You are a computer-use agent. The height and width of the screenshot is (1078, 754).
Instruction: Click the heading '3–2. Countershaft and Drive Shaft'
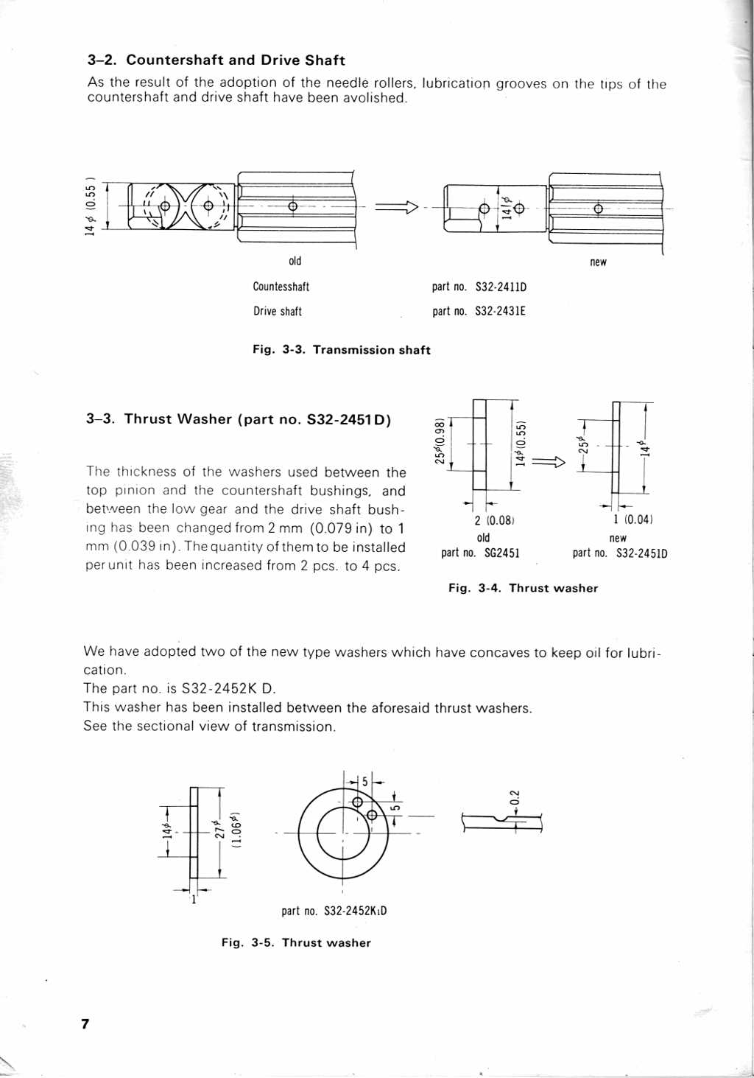click(x=216, y=60)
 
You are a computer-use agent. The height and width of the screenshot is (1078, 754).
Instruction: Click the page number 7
click(x=85, y=1023)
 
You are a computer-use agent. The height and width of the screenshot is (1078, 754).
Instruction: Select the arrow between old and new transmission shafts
click(x=396, y=207)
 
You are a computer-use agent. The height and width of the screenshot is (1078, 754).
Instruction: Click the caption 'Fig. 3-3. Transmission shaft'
click(x=341, y=350)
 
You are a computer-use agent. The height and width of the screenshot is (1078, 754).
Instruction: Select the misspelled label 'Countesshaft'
click(x=281, y=287)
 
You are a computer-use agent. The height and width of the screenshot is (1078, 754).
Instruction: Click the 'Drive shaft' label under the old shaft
click(x=278, y=311)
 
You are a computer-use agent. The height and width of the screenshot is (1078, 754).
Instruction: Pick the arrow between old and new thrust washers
click(x=548, y=462)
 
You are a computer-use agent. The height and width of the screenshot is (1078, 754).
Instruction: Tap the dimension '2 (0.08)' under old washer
click(x=494, y=520)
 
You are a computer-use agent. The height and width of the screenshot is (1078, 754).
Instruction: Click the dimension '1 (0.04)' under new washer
click(x=633, y=519)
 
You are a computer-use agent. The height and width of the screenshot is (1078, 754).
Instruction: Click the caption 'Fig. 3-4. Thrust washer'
click(x=523, y=588)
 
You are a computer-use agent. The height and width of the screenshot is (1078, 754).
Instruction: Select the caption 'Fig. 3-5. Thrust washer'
click(x=296, y=942)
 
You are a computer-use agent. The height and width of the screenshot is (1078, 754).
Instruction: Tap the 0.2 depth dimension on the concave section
click(x=515, y=797)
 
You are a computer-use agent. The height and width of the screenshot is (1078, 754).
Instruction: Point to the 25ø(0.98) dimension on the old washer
click(x=440, y=442)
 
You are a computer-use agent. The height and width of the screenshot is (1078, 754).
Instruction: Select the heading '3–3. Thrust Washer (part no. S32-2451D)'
click(x=239, y=419)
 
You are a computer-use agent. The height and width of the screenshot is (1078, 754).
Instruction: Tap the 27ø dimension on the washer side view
click(x=218, y=830)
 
